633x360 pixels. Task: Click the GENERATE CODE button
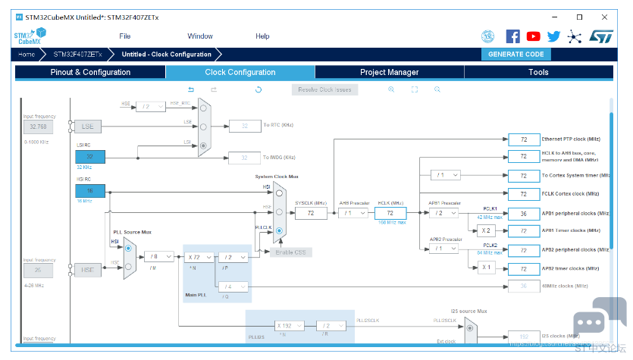tap(515, 55)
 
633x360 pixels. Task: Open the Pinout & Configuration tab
tap(90, 72)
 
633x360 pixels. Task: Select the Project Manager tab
tap(389, 72)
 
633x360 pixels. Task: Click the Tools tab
tap(538, 72)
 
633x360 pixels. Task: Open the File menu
tap(125, 36)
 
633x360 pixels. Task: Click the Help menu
tap(262, 36)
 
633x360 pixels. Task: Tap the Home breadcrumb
tap(27, 55)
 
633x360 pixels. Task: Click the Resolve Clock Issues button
tap(324, 89)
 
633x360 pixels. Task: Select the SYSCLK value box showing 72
tap(310, 214)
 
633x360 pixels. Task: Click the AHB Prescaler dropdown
tap(354, 214)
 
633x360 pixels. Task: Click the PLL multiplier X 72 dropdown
tap(199, 257)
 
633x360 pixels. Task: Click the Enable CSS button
tap(290, 252)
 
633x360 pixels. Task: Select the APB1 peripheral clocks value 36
tap(523, 214)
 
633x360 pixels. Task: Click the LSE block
tap(88, 126)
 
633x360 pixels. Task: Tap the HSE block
tap(88, 270)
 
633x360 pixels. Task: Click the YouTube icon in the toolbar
tap(534, 36)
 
